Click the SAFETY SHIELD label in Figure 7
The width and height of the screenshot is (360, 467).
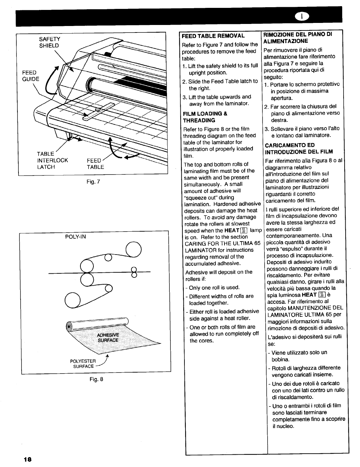pyautogui.click(x=49, y=42)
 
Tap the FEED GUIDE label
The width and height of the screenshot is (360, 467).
pyautogui.click(x=30, y=76)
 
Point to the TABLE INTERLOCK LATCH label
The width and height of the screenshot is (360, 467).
pyautogui.click(x=52, y=160)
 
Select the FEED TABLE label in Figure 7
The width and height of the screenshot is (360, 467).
pyautogui.click(x=95, y=164)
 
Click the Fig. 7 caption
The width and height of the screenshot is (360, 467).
pyautogui.click(x=93, y=182)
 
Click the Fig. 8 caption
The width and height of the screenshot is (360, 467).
pyautogui.click(x=97, y=379)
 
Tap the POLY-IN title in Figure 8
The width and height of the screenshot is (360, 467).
pyautogui.click(x=75, y=236)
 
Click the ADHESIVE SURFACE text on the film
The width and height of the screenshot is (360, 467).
pyautogui.click(x=108, y=337)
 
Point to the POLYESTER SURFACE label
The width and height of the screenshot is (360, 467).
pyautogui.click(x=83, y=364)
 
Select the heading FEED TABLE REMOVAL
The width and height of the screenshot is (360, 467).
pyautogui.click(x=213, y=36)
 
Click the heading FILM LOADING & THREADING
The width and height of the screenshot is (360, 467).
pyautogui.click(x=205, y=117)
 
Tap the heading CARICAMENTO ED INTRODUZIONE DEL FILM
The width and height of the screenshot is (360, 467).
pyautogui.click(x=299, y=148)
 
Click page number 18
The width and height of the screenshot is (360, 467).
pyautogui.click(x=28, y=459)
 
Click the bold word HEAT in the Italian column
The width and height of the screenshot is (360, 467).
pyautogui.click(x=309, y=295)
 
